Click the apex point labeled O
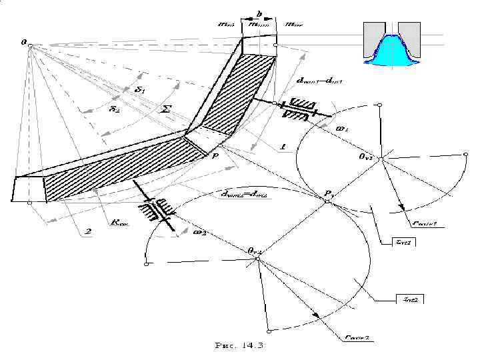(x=25, y=42)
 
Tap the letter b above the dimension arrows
(x=259, y=13)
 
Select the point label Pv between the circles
(x=329, y=193)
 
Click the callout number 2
(x=87, y=231)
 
